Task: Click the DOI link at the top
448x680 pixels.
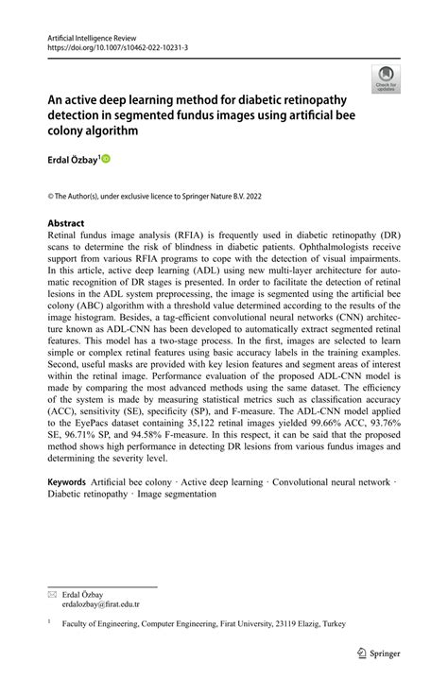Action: click(x=112, y=46)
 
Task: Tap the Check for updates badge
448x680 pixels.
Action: click(x=385, y=78)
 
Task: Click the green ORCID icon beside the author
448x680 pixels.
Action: click(x=105, y=159)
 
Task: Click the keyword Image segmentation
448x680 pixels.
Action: click(x=176, y=494)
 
